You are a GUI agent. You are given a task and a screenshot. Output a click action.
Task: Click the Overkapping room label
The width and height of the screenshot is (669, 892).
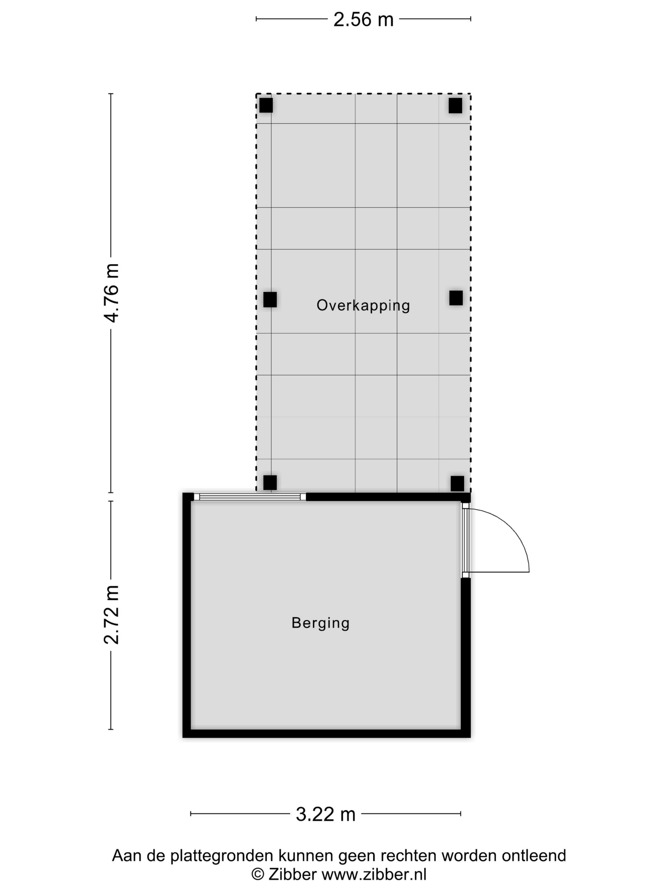pos(363,305)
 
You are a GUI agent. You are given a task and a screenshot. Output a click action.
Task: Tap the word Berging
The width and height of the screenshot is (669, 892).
pos(320,623)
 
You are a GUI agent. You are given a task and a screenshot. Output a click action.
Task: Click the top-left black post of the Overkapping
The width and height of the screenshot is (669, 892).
pos(266,105)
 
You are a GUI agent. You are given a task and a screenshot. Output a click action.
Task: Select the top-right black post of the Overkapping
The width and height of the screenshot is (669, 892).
pos(455,106)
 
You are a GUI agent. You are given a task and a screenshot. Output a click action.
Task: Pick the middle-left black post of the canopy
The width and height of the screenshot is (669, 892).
pos(270,300)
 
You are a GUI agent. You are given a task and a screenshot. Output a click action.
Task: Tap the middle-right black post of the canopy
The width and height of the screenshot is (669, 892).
pos(456,298)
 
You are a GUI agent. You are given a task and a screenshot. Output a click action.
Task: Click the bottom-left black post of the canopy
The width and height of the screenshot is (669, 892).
pos(270,483)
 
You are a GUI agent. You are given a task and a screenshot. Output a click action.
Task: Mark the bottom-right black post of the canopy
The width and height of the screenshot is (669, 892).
pos(457,484)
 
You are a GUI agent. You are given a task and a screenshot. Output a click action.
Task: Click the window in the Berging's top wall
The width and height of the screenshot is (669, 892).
pos(250,497)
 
